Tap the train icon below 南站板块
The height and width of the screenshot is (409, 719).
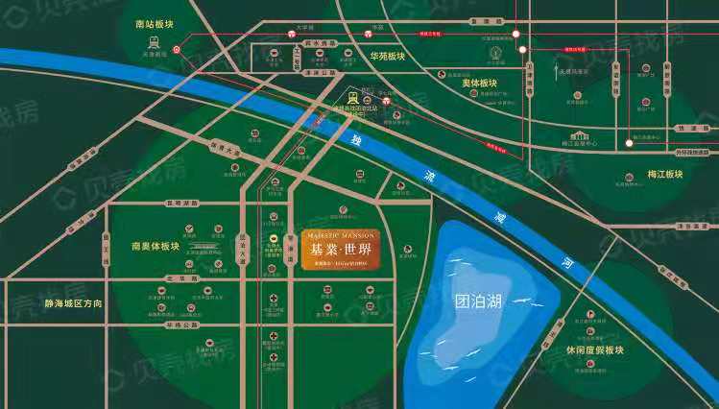click(x=153, y=42)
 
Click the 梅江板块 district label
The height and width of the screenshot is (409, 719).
click(x=665, y=174)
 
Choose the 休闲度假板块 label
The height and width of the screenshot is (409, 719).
click(x=595, y=350)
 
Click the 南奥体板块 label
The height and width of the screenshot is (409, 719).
click(x=156, y=246)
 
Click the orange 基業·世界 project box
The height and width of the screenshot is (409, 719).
click(x=340, y=250)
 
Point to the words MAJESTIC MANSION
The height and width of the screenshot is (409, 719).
click(x=340, y=234)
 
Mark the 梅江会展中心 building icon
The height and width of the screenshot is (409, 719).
click(x=580, y=137)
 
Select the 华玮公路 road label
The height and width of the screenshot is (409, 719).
click(x=181, y=325)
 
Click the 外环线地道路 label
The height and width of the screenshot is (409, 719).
click(x=690, y=152)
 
